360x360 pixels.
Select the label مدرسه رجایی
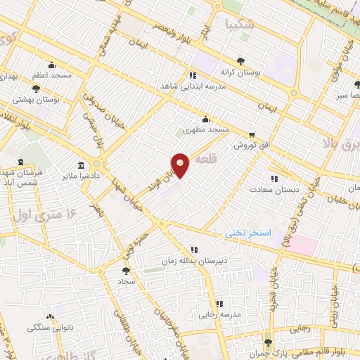pyautogui.click(x=219, y=314)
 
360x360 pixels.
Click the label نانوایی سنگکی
pyautogui.click(x=49, y=328)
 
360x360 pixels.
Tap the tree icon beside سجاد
pyautogui.click(x=126, y=269)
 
